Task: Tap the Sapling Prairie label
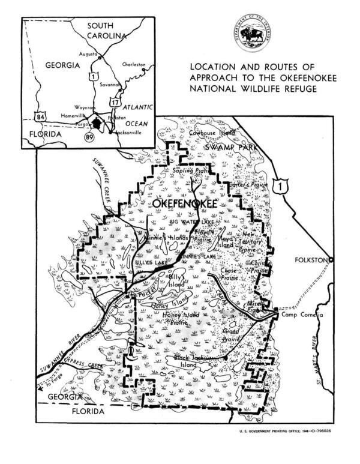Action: tap(187, 171)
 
